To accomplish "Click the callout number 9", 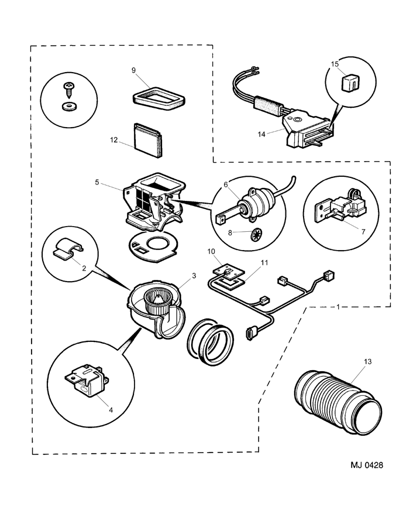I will pyautogui.click(x=133, y=70).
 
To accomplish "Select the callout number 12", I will pyautogui.click(x=113, y=140).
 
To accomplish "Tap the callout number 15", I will pyautogui.click(x=335, y=65).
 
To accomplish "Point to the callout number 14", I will pyautogui.click(x=261, y=134).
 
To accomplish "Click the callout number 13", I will pyautogui.click(x=367, y=362).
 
